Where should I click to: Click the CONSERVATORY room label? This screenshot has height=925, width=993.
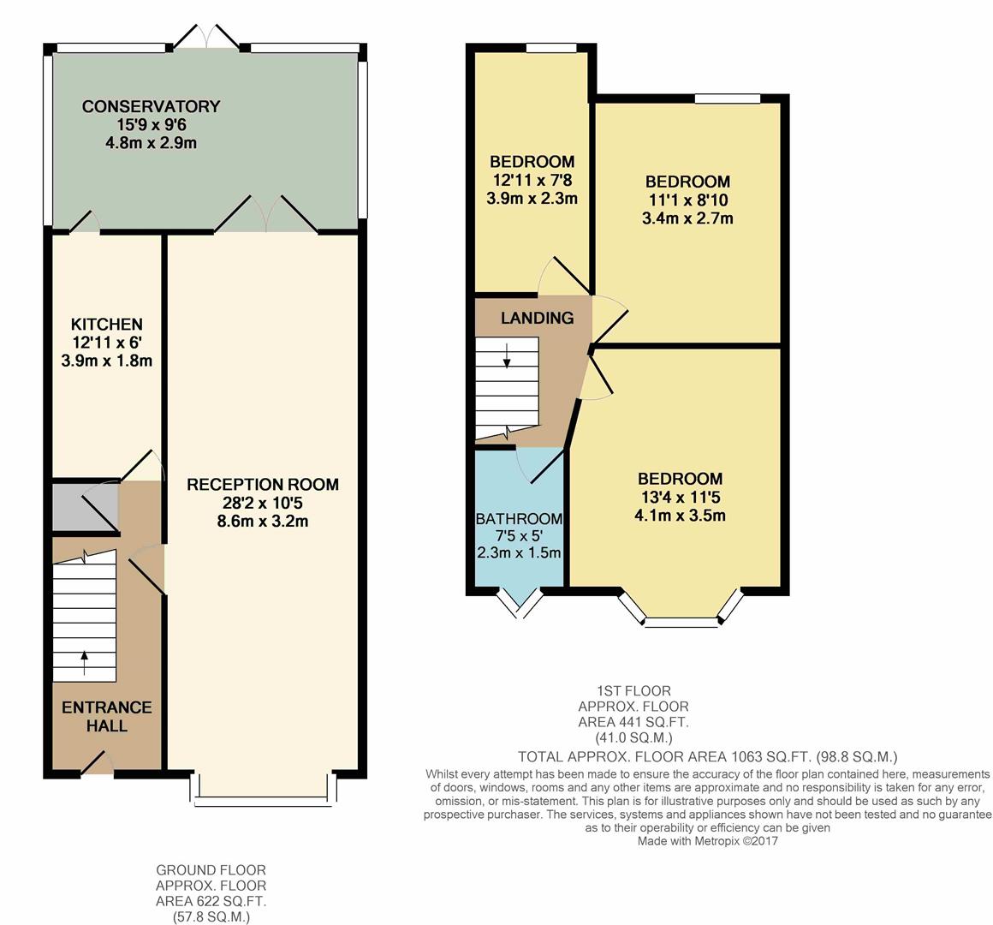pyautogui.click(x=151, y=107)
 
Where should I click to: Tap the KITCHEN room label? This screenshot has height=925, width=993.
pyautogui.click(x=106, y=325)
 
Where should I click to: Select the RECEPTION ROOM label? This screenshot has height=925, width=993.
pyautogui.click(x=263, y=485)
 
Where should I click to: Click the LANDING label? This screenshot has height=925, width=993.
pyautogui.click(x=537, y=319)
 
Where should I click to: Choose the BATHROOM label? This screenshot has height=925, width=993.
pyautogui.click(x=519, y=519)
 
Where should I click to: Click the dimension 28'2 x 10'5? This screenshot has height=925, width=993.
pyautogui.click(x=263, y=503)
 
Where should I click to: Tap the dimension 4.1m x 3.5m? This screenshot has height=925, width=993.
pyautogui.click(x=680, y=516)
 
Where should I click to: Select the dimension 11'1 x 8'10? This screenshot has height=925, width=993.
pyautogui.click(x=687, y=200)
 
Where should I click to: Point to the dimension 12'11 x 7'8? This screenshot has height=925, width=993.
pyautogui.click(x=532, y=180)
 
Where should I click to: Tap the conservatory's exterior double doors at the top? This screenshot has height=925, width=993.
pyautogui.click(x=206, y=37)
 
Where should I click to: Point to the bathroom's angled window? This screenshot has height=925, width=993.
pyautogui.click(x=520, y=603)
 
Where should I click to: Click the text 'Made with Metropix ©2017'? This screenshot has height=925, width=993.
pyautogui.click(x=707, y=841)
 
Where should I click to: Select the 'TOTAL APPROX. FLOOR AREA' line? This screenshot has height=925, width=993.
pyautogui.click(x=707, y=757)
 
